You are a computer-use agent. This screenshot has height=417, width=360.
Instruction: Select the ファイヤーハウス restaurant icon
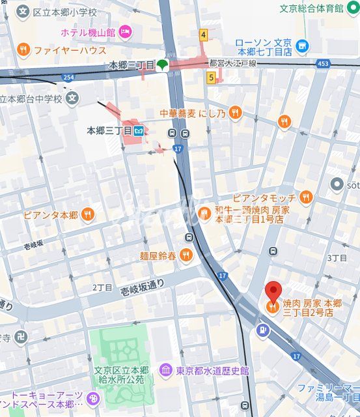[23, 49]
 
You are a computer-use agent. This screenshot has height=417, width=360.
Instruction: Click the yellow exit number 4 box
[203, 35]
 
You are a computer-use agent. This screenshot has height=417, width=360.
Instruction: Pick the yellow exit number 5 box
[211, 78]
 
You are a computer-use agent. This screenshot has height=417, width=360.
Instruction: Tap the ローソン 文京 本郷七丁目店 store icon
[301, 46]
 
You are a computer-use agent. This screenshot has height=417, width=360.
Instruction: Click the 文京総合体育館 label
[311, 8]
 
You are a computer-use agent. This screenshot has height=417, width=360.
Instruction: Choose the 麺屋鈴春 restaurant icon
[186, 255]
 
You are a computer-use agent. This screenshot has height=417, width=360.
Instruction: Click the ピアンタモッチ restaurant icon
[306, 197]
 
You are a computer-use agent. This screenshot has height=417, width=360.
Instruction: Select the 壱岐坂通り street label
[143, 284]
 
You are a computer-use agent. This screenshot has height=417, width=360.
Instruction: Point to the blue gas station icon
[261, 330]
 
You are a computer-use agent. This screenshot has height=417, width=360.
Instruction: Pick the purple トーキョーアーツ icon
[93, 398]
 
